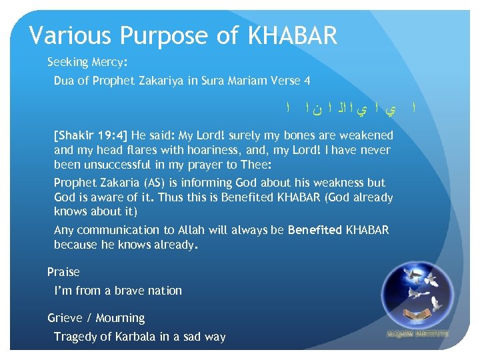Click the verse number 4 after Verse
point(307,81)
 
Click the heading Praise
point(63,272)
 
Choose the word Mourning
point(120,318)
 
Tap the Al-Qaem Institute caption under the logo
point(417,333)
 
